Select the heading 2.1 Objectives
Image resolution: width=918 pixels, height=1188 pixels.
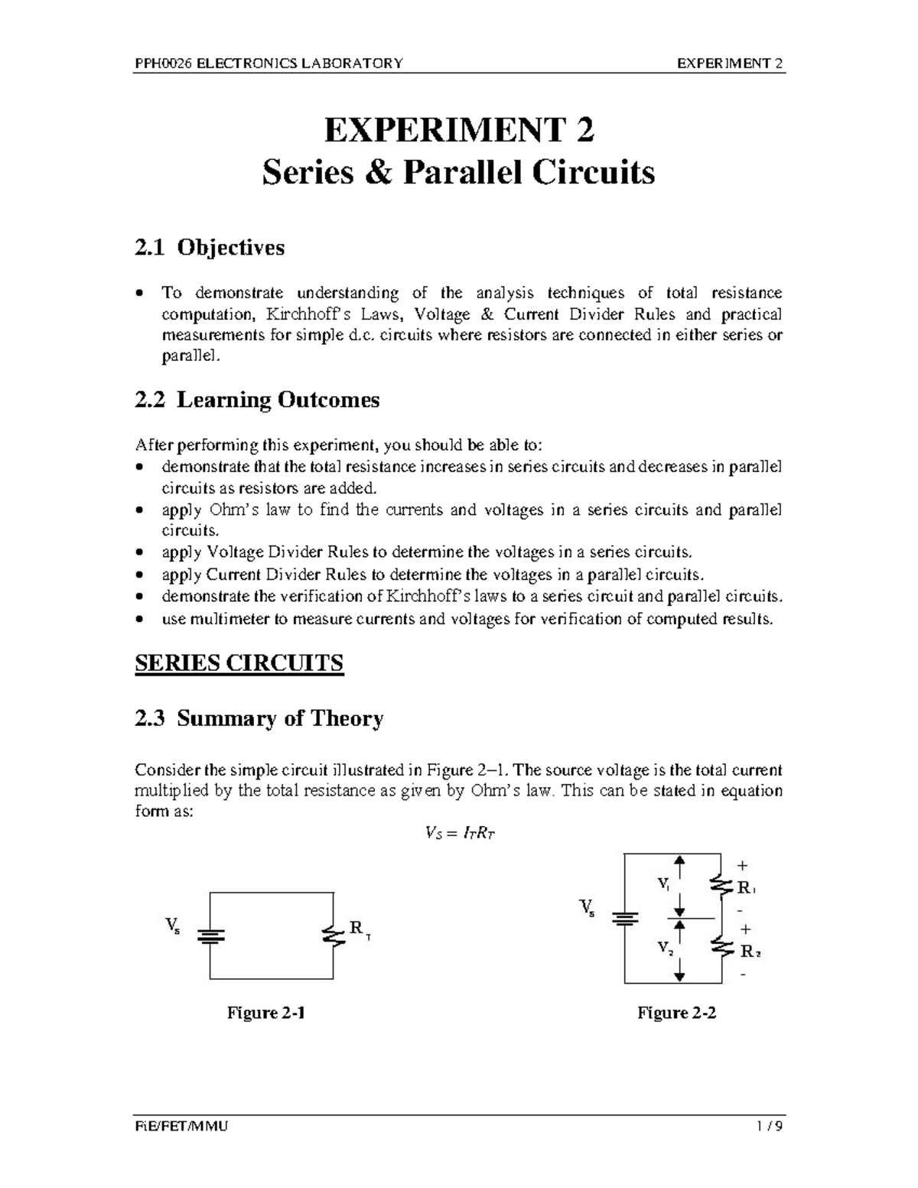[209, 248]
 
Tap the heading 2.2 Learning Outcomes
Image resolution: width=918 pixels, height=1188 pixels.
[257, 400]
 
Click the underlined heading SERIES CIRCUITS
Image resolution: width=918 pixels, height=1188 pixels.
[239, 662]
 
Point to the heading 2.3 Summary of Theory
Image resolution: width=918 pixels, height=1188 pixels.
[259, 719]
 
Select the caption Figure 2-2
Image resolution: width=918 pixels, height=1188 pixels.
[677, 1013]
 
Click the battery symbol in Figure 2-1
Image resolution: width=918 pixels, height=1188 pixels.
[210, 936]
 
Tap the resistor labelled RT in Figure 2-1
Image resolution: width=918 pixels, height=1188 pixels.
[333, 936]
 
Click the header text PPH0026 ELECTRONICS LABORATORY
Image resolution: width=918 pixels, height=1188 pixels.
[269, 63]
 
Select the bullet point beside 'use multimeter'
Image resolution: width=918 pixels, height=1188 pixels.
[139, 619]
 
